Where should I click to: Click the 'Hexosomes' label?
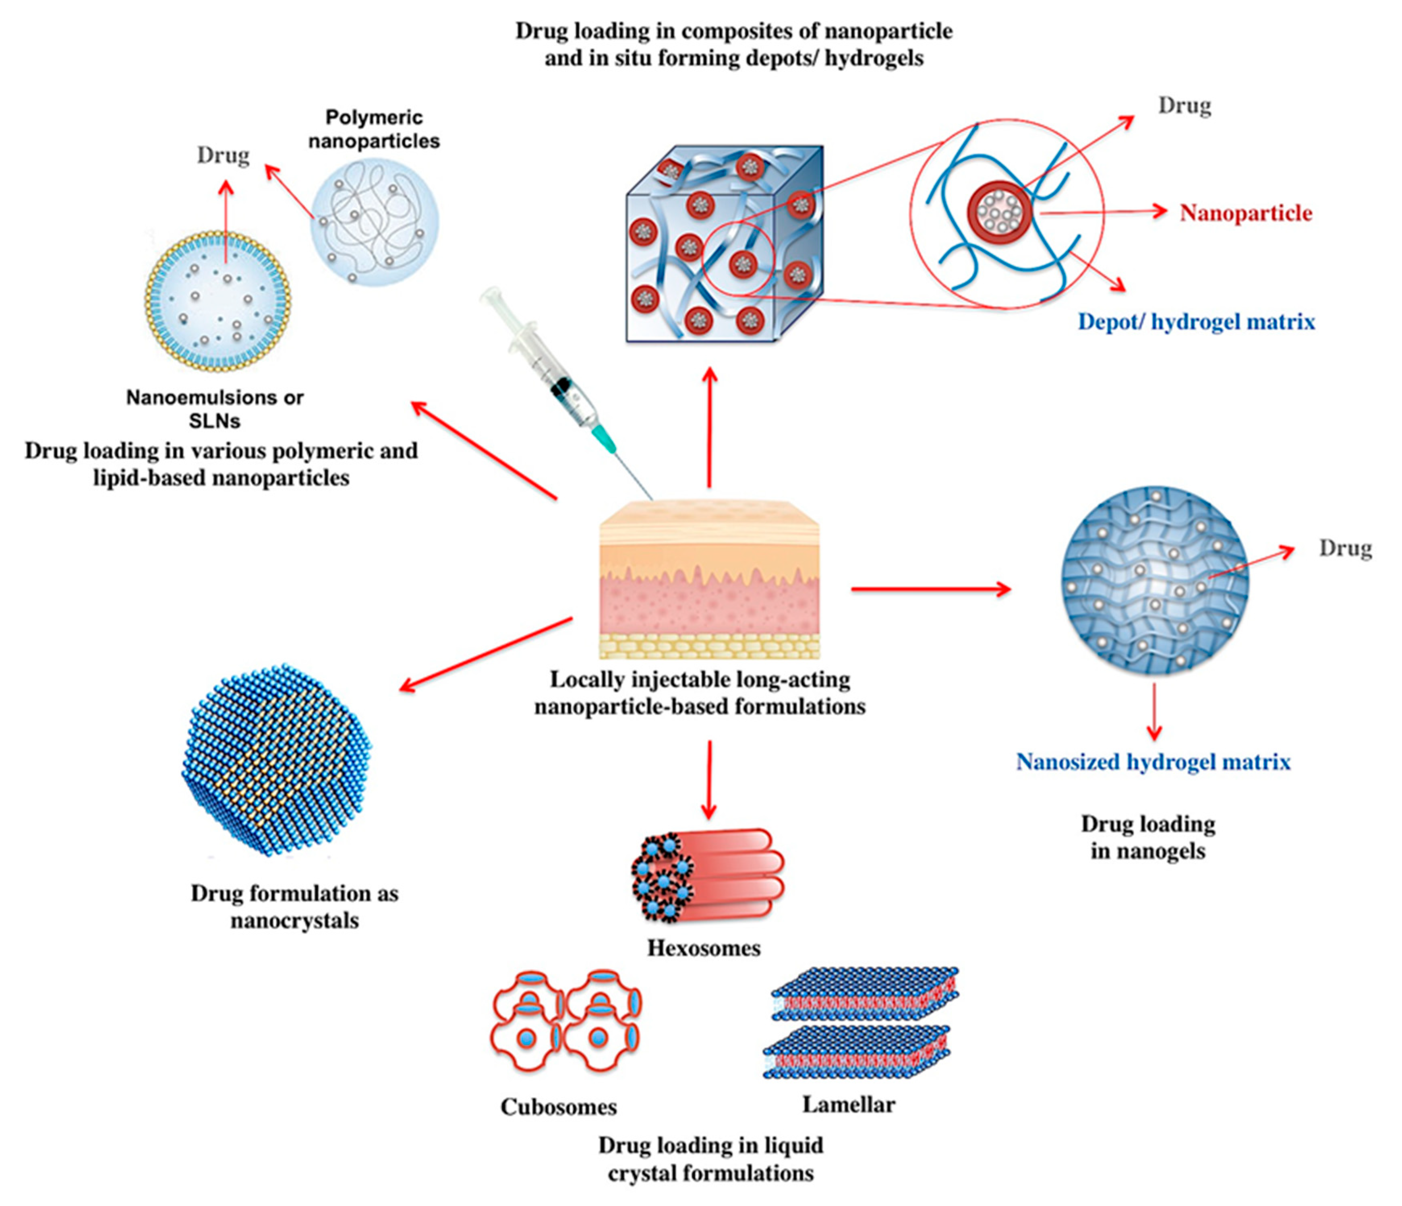[704, 948]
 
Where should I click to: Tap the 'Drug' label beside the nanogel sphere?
[1344, 548]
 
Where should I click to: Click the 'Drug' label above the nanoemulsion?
[223, 155]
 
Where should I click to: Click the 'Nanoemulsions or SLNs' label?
[215, 409]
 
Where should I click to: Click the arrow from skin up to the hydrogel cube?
[709, 426]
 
